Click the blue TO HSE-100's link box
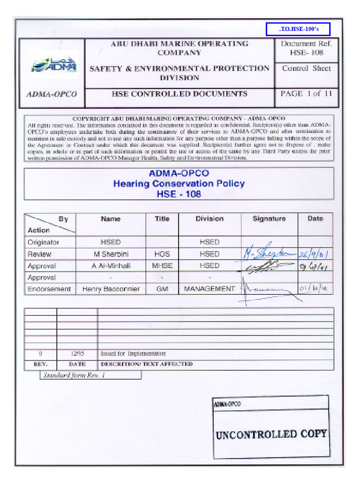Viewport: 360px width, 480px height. tap(298, 29)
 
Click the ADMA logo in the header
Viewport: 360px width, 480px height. tap(53, 66)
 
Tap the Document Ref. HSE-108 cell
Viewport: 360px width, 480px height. tap(306, 48)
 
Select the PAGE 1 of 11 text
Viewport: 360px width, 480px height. tap(306, 93)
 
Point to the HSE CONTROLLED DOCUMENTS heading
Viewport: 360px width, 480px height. tap(179, 94)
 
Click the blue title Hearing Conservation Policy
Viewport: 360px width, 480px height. tap(179, 183)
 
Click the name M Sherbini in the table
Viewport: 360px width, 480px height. tap(111, 254)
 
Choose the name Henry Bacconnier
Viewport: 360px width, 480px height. tap(111, 289)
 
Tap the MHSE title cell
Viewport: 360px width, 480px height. tap(162, 266)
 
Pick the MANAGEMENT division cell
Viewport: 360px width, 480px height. tap(209, 289)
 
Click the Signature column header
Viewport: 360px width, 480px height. tap(269, 219)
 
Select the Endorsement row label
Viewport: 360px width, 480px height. tap(49, 289)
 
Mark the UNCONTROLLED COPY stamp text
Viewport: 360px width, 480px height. tap(271, 434)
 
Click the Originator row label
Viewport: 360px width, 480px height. tap(44, 242)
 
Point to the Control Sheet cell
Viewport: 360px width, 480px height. tap(306, 68)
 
